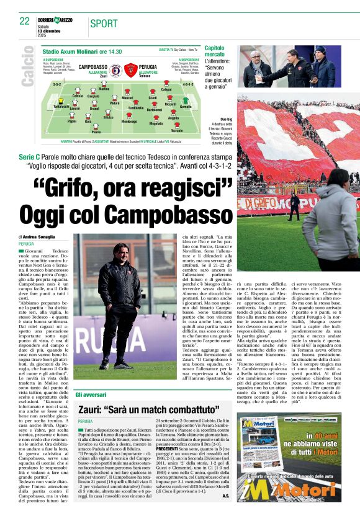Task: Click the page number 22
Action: point(25,20)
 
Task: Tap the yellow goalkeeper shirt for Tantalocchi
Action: point(61,101)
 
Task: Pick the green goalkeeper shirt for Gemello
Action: point(186,101)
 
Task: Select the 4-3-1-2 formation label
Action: point(189,83)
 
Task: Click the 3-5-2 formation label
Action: point(57,83)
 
